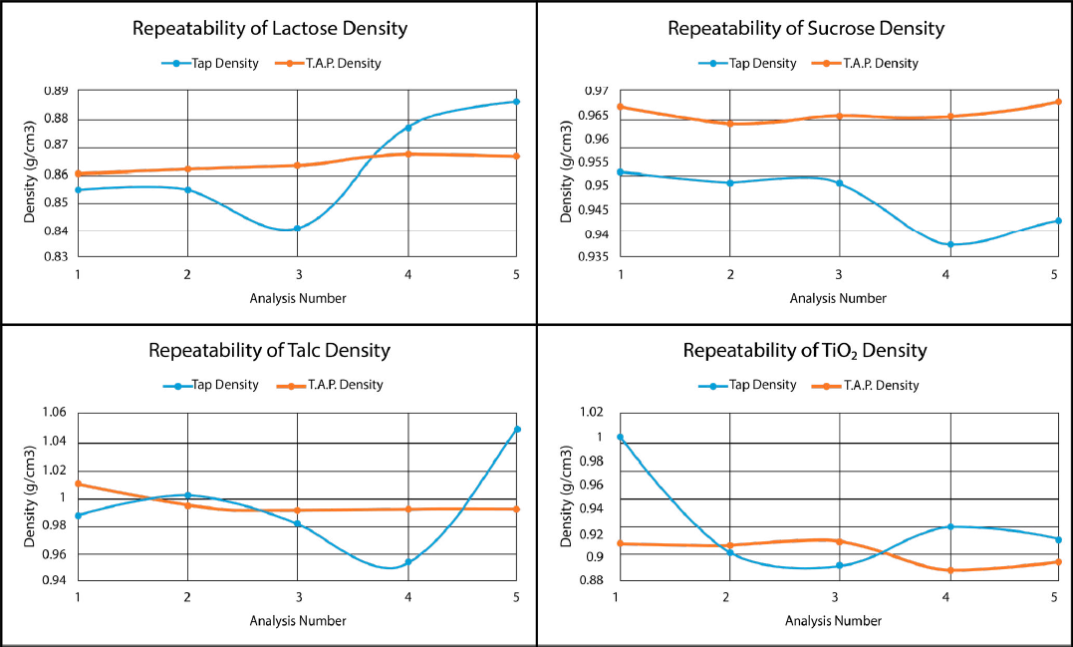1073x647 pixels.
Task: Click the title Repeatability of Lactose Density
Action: coord(270,28)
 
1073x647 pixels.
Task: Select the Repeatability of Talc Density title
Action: coord(269,350)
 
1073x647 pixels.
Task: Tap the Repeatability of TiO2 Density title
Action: coord(805,350)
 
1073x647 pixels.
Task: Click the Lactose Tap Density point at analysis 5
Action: coord(516,102)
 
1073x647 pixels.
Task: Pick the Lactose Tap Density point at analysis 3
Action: coord(297,228)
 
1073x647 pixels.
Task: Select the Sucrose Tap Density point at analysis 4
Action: coord(950,244)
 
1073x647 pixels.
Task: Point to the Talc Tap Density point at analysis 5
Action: coord(516,430)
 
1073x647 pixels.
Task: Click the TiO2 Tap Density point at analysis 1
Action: coord(620,438)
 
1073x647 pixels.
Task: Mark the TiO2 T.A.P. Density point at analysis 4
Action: coord(950,570)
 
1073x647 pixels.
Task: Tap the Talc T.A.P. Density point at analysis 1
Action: coord(79,484)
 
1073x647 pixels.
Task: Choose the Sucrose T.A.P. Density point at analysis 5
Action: coord(1057,102)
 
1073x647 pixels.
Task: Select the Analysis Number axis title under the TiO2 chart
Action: coord(833,621)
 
